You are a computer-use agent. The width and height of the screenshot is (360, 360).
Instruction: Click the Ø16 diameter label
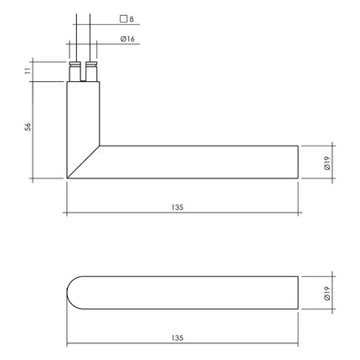128,39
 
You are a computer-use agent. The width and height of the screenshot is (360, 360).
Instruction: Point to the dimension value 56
28,127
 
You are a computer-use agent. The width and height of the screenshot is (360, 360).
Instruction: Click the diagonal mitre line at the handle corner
83,163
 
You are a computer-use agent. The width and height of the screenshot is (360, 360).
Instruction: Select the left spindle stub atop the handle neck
74,71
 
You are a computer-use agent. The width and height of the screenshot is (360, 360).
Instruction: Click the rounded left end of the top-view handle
70,295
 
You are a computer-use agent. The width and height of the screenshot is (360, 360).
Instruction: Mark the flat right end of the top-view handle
298,295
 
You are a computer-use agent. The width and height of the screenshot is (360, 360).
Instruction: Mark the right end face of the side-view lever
298,163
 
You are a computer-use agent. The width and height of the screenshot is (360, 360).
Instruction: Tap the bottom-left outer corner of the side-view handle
66,179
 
